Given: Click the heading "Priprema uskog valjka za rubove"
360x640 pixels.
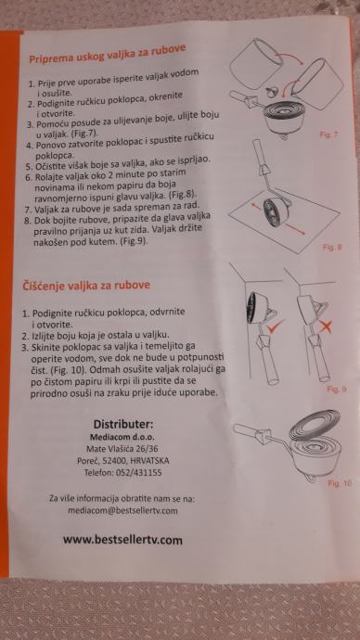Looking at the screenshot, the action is coord(107,53).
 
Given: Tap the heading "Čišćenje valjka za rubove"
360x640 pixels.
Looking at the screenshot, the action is coord(85,286).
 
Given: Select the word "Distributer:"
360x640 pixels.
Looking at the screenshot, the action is coord(123,424).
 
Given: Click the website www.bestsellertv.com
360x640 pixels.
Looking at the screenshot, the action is coord(122,540).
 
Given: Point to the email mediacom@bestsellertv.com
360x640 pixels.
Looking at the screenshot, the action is coord(122,511).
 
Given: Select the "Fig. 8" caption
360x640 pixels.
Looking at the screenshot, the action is coord(332,248).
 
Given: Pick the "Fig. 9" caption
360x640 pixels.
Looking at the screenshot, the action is coord(337,389).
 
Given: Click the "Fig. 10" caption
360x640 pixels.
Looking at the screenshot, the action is coord(340,483).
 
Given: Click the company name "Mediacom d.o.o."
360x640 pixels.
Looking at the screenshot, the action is coord(122,437).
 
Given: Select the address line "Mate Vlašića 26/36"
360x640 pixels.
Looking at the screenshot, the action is coord(122,449).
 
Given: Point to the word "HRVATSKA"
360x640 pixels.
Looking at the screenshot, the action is coord(150,461).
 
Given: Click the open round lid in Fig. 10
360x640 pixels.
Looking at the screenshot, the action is coord(315,425).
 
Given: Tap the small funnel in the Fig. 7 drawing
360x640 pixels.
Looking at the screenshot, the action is coord(270,92).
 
